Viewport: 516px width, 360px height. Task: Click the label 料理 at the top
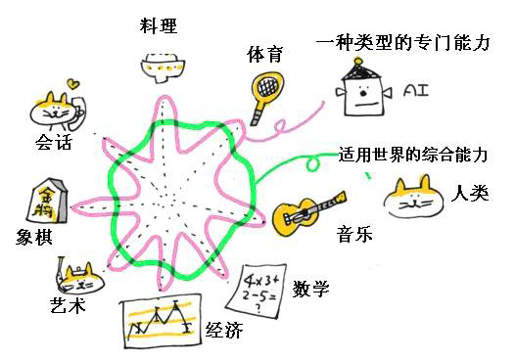point(159,25)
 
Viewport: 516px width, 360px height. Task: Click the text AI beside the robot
point(417,91)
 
